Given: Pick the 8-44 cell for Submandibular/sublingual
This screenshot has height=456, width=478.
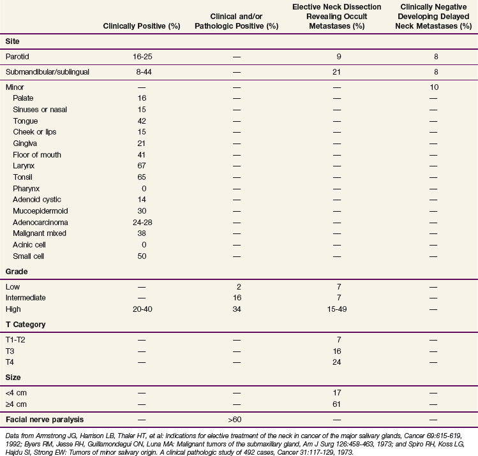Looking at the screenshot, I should pos(142,71).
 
